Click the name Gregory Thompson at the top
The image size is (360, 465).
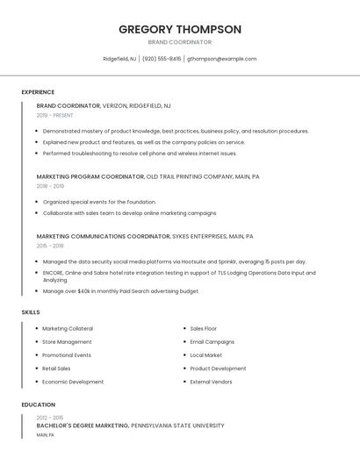pyautogui.click(x=179, y=29)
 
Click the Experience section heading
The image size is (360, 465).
pyautogui.click(x=38, y=92)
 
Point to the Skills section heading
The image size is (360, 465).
pyautogui.click(x=31, y=312)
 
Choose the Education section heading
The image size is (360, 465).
pyautogui.click(x=38, y=404)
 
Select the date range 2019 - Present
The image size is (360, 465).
pyautogui.click(x=55, y=115)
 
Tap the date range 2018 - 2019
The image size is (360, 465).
pyautogui.click(x=50, y=186)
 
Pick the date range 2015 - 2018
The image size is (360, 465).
pyautogui.click(x=50, y=246)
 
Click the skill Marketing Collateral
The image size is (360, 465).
pyautogui.click(x=68, y=328)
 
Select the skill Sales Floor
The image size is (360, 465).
pyautogui.click(x=203, y=328)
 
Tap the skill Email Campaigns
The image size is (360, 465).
pyautogui.click(x=212, y=341)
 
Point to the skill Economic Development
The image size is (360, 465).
pyautogui.click(x=73, y=382)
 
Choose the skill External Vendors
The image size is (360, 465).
pyautogui.click(x=211, y=382)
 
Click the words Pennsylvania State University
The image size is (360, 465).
pyautogui.click(x=177, y=426)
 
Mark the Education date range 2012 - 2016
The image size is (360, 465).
pyautogui.click(x=50, y=418)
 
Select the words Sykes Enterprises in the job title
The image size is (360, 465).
pyautogui.click(x=198, y=236)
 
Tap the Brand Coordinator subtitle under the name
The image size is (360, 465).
pyautogui.click(x=179, y=41)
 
